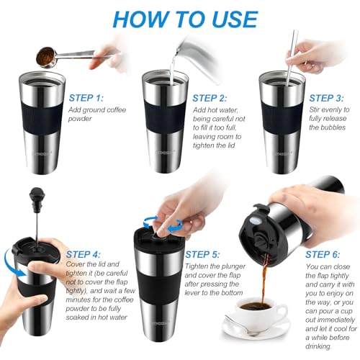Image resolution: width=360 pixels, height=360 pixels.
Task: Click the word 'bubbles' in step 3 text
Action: click(324, 127)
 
